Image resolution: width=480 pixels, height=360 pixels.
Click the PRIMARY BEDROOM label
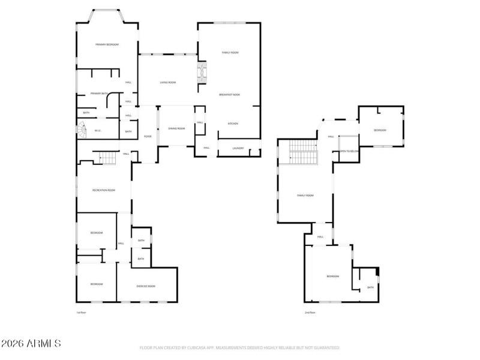(x=107, y=45)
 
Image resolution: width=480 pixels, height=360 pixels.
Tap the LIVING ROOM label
(x=167, y=82)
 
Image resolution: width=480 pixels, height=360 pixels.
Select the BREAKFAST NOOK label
(x=230, y=95)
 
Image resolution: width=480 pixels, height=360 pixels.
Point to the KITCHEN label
(x=233, y=124)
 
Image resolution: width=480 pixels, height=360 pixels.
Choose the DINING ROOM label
(x=176, y=128)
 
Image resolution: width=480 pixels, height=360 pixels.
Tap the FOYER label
(x=148, y=137)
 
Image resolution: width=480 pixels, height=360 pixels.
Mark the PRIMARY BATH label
(x=99, y=94)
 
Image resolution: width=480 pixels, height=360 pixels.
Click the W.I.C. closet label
(x=98, y=130)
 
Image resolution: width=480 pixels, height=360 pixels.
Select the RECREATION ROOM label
(x=103, y=190)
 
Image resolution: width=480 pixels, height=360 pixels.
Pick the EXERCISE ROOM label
(x=146, y=287)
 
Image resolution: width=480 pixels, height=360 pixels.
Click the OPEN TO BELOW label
(x=349, y=151)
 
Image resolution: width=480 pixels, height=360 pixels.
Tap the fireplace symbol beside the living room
(x=202, y=73)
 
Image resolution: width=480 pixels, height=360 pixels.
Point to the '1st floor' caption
(x=81, y=313)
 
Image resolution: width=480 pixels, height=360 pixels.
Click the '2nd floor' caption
(x=310, y=313)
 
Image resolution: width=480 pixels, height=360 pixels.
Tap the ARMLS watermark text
(x=31, y=344)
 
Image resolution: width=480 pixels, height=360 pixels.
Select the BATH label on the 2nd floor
(x=370, y=287)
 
